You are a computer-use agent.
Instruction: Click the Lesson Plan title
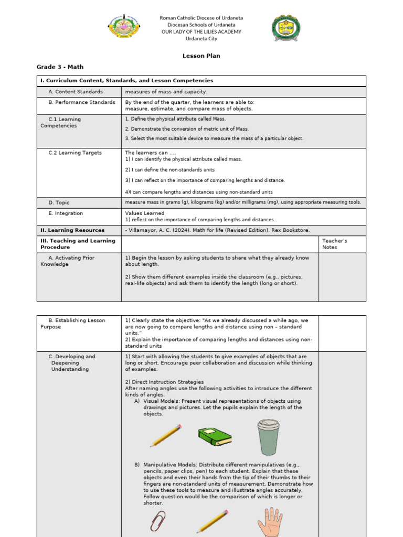click(x=201, y=56)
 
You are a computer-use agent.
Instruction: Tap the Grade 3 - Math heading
click(x=60, y=67)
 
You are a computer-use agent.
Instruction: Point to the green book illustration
click(x=215, y=436)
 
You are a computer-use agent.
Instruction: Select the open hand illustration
click(x=270, y=522)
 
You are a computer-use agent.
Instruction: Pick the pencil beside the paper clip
click(x=212, y=522)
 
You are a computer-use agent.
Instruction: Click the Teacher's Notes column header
click(x=334, y=244)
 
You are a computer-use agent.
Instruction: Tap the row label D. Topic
click(x=59, y=202)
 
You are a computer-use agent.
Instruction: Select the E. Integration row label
click(x=66, y=213)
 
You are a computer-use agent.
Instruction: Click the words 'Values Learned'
click(x=145, y=213)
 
